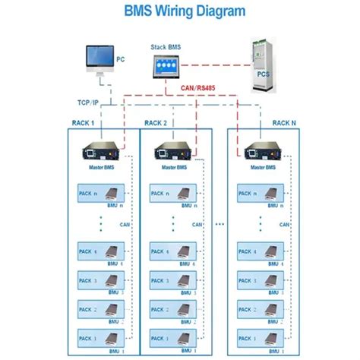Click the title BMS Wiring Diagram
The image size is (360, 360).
(179, 11)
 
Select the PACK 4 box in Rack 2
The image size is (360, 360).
(173, 252)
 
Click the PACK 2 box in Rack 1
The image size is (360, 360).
(102, 309)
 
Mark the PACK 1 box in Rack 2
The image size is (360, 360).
(173, 338)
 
